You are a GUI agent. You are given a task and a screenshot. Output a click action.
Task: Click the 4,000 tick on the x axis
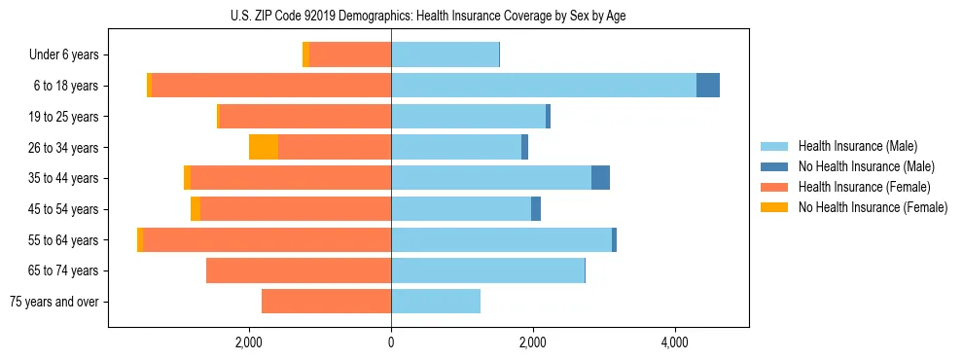674,342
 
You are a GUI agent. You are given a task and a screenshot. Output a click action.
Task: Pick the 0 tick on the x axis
391,342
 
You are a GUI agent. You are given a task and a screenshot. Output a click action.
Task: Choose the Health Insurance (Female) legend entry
864,187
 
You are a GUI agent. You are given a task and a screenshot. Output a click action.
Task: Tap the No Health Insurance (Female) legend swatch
776,207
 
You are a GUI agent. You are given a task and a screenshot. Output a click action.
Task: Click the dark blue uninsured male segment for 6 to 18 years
708,86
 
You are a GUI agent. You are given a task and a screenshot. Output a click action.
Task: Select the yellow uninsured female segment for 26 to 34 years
264,147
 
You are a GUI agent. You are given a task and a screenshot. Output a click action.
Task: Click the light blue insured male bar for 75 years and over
436,302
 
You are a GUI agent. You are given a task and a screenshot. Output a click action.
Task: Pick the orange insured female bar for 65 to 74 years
299,270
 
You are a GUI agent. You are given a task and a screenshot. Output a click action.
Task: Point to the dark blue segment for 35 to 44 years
600,178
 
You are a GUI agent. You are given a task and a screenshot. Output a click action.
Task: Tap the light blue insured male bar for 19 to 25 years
468,117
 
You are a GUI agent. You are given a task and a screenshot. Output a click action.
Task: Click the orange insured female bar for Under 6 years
350,54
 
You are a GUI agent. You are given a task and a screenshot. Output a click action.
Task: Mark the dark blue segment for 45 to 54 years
536,209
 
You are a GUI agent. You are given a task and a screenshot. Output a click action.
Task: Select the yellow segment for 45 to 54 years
196,209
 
